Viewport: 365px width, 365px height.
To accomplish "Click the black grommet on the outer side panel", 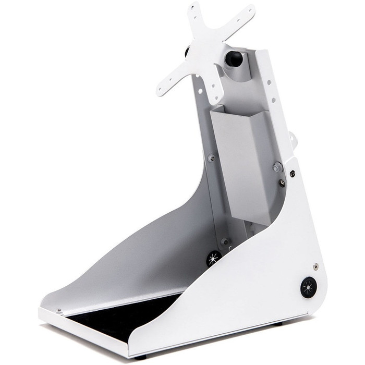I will click(x=308, y=287).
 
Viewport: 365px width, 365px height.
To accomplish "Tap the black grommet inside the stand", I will click(x=213, y=258).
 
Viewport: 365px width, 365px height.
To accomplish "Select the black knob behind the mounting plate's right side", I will click(x=233, y=59).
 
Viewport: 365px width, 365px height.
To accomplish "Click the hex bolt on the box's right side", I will click(x=277, y=167).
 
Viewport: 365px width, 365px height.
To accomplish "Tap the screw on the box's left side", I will click(x=211, y=157).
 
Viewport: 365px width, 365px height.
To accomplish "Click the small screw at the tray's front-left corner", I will click(x=59, y=311).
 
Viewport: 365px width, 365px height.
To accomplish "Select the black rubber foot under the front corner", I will click(x=140, y=357).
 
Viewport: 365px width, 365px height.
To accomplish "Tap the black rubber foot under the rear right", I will click(x=278, y=323).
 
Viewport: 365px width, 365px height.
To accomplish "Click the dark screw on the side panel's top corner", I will click(x=292, y=174).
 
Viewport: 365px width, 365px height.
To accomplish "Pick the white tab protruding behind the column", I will click(x=294, y=140).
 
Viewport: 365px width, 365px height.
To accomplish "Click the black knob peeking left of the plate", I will click(x=186, y=53).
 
